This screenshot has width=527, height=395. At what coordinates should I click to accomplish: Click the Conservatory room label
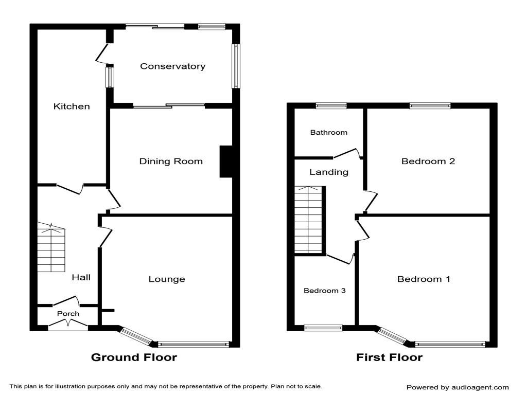pos(172,66)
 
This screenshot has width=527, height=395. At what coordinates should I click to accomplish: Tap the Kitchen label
pos(72,106)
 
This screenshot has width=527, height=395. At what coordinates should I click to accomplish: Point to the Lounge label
pos(167,279)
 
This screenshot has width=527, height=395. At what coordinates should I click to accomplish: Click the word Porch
pos(68,314)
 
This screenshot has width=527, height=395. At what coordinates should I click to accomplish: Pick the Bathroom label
pos(328,132)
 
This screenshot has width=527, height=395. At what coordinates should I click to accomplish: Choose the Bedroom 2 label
pos(428,161)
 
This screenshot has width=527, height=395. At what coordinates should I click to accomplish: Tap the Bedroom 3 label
pos(324,291)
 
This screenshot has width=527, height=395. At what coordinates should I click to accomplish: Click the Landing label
pos(328,172)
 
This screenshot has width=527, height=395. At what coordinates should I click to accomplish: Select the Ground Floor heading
pos(134,357)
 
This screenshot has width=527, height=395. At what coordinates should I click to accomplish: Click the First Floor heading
pos(390,357)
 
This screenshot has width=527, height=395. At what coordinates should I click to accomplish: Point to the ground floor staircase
pos(51,249)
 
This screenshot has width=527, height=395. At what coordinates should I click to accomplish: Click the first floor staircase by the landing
pos(308,220)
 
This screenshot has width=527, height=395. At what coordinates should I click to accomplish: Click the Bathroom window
pos(331,106)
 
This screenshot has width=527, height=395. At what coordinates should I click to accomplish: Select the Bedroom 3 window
pos(323,327)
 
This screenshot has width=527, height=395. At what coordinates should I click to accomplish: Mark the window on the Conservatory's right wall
pos(236,66)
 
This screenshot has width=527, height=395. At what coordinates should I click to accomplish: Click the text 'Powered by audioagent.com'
pos(458,387)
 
